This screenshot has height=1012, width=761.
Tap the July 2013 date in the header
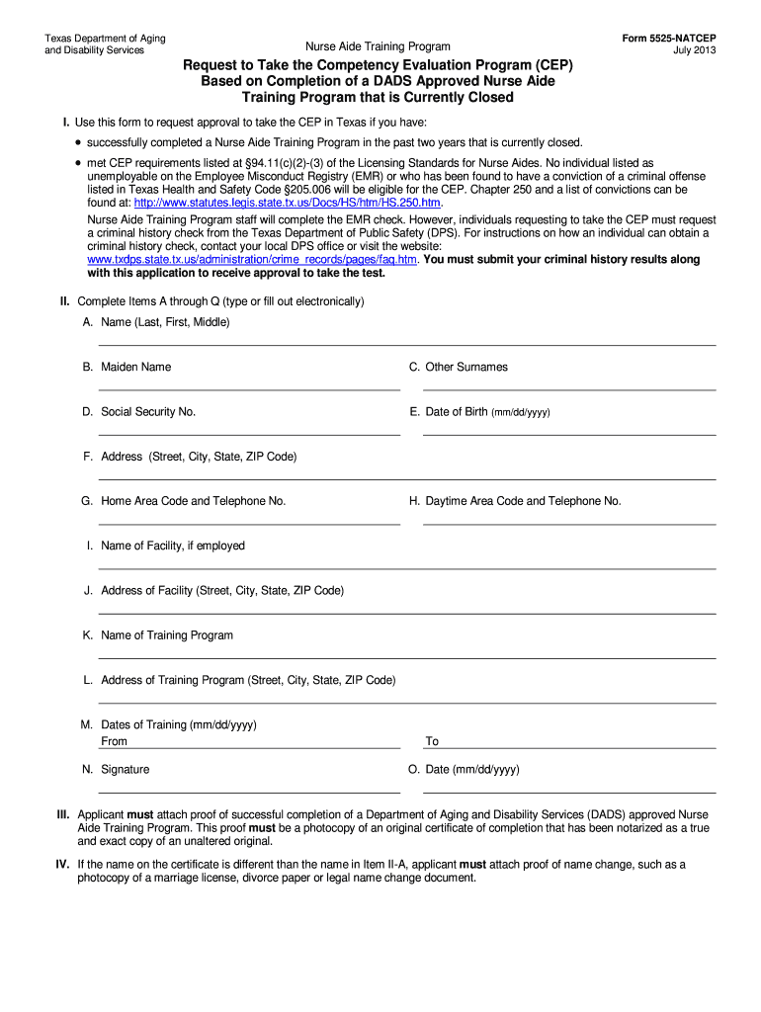tap(695, 50)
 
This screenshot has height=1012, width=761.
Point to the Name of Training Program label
tap(167, 635)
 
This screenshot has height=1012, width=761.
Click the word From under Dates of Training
tap(115, 741)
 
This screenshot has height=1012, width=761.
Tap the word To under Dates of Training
tap(432, 741)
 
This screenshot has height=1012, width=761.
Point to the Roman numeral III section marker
tap(61, 815)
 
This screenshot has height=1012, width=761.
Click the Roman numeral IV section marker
tap(61, 865)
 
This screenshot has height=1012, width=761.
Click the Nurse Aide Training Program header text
tap(378, 46)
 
